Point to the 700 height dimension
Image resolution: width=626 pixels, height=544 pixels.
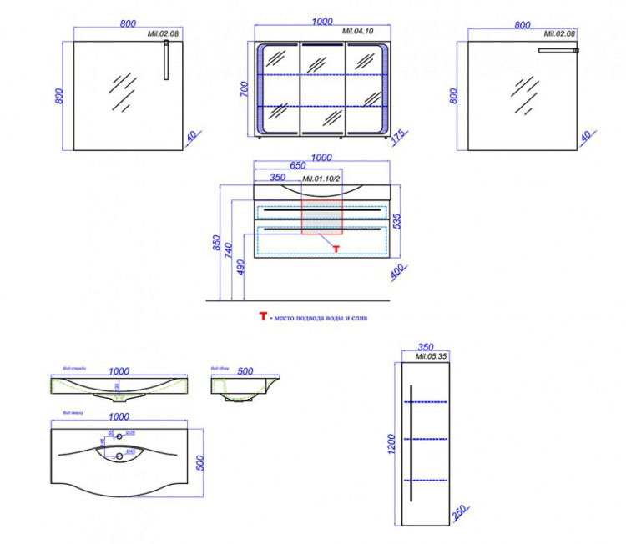(244, 90)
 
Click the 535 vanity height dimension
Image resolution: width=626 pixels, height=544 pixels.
(397, 220)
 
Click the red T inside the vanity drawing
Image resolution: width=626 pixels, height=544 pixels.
(336, 248)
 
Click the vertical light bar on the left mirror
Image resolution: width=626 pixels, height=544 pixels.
(166, 63)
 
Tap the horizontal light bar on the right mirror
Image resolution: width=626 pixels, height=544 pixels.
(558, 51)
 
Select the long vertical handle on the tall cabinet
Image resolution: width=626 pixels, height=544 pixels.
(411, 443)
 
